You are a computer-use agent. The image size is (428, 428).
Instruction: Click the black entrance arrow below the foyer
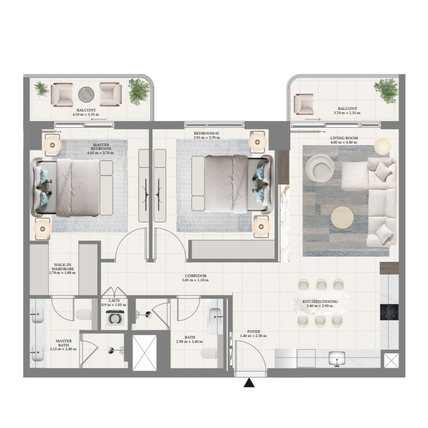[x=249, y=383]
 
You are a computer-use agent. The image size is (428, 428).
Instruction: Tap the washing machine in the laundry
[x=114, y=319]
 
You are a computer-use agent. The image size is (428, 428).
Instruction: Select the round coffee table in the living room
[x=342, y=218]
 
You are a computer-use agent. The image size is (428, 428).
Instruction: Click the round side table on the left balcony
[x=86, y=94]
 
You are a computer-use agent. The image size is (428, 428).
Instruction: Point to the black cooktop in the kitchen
[x=389, y=312]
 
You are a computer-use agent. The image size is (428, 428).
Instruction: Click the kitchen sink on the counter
[x=337, y=358]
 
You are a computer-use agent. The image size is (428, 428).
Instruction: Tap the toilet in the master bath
[x=83, y=314]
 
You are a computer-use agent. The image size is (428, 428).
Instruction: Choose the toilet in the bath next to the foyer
[x=209, y=353]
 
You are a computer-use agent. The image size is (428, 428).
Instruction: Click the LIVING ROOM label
[x=344, y=138]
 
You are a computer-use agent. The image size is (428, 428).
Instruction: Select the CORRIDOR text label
[x=196, y=276]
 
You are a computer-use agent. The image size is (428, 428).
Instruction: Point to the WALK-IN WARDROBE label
[x=63, y=267]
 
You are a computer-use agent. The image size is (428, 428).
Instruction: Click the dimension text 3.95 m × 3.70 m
[x=206, y=138]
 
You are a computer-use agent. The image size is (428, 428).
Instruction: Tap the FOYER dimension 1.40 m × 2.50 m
[x=253, y=336]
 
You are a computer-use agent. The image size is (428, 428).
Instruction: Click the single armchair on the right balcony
[x=303, y=104]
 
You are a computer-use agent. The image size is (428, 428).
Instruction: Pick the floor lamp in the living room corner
[x=382, y=147]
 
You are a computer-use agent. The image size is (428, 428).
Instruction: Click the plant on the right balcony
[x=386, y=90]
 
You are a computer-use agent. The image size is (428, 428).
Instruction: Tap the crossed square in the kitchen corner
[x=391, y=361]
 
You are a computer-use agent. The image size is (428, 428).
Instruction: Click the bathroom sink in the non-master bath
[x=215, y=317]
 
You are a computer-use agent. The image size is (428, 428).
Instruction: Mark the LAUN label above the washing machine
[x=114, y=301]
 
